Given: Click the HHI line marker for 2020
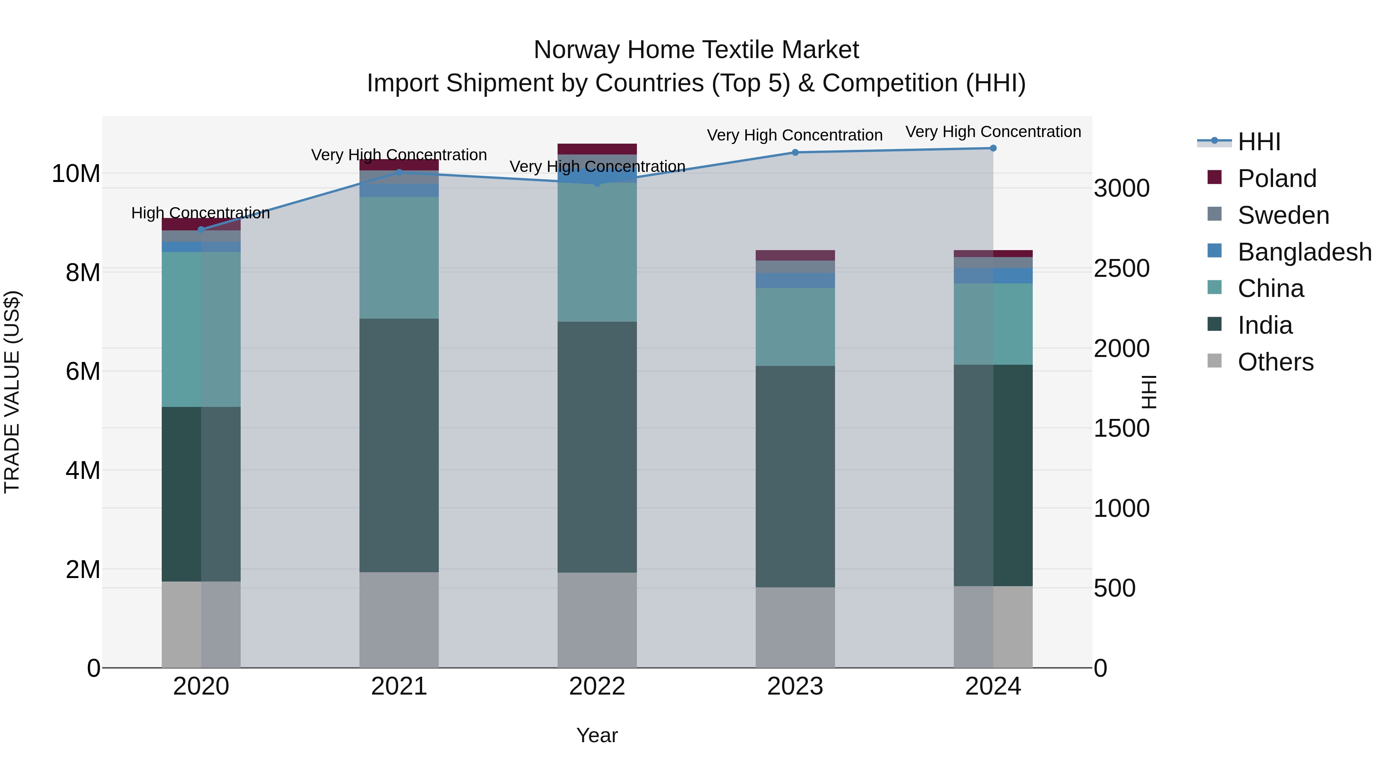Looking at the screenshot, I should (201, 230).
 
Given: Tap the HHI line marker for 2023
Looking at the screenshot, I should (795, 153).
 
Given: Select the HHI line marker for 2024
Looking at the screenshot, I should (993, 148).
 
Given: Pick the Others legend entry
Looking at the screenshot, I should (1275, 362).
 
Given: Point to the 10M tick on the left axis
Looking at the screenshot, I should (76, 174).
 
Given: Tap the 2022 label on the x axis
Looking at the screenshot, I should (597, 686).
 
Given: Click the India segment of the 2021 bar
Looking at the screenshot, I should (399, 445).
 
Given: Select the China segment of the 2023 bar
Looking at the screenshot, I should (795, 327).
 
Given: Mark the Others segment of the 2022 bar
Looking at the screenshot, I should (597, 620).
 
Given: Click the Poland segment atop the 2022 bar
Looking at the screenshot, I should (597, 149).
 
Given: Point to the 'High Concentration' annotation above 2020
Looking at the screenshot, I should (200, 213).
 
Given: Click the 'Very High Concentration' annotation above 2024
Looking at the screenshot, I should (993, 132).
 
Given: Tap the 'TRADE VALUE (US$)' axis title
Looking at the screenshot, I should (12, 392).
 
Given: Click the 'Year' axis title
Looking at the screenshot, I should (597, 735).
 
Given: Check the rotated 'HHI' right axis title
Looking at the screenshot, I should (1148, 392).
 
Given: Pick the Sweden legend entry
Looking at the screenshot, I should (1283, 215).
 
